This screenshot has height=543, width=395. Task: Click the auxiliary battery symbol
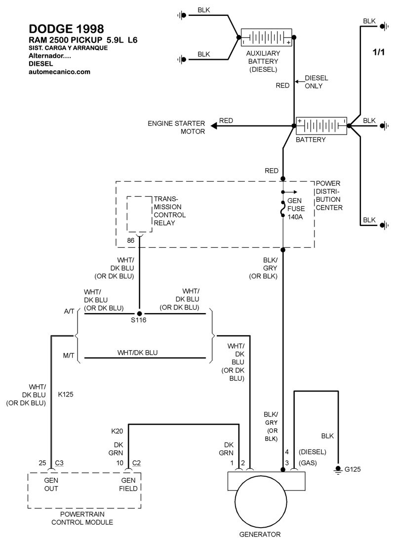pyautogui.click(x=266, y=39)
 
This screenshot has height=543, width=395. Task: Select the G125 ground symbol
pyautogui.click(x=338, y=470)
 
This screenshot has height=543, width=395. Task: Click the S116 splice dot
pyautogui.click(x=139, y=314)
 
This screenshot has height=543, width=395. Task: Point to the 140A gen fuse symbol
pyautogui.click(x=283, y=209)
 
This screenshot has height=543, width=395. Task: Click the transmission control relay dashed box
pyautogui.click(x=139, y=214)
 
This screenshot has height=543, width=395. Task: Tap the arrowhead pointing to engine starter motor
pyautogui.click(x=213, y=126)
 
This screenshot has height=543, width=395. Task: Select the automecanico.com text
pyautogui.click(x=59, y=71)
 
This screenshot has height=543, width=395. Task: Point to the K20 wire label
pyautogui.click(x=118, y=431)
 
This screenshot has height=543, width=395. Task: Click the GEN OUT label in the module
pyautogui.click(x=52, y=484)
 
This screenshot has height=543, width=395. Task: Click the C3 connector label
pyautogui.click(x=59, y=463)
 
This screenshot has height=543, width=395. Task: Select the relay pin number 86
pyautogui.click(x=130, y=241)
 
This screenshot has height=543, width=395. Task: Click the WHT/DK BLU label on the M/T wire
pyautogui.click(x=137, y=353)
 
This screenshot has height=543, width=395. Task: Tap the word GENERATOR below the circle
pyautogui.click(x=260, y=534)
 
